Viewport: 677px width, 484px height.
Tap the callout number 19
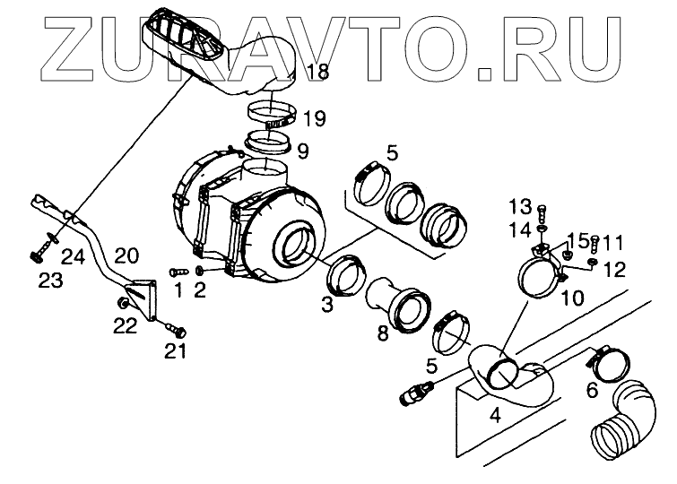tap(314, 117)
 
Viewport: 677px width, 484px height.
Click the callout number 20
tap(126, 255)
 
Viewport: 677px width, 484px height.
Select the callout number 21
tap(175, 350)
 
